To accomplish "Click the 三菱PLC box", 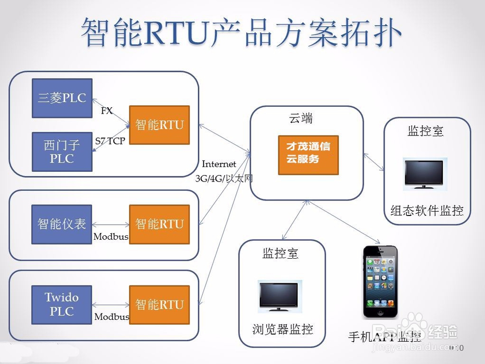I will (62, 98).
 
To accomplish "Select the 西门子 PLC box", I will (62, 151).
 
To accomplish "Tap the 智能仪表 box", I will (62, 224).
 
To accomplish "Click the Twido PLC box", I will (62, 304).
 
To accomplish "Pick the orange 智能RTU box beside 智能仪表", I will (159, 224).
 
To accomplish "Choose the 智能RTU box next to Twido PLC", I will (159, 304).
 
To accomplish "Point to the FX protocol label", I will (107, 111).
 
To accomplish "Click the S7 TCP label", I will (110, 141).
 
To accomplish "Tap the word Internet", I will (219, 165).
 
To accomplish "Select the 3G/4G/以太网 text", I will (224, 179).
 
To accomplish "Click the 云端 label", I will (301, 119).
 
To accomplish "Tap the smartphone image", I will (380, 282).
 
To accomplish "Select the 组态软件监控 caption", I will (427, 211).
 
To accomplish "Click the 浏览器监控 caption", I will (283, 330).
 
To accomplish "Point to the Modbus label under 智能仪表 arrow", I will (111, 237).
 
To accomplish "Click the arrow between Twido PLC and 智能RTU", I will (111, 305).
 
